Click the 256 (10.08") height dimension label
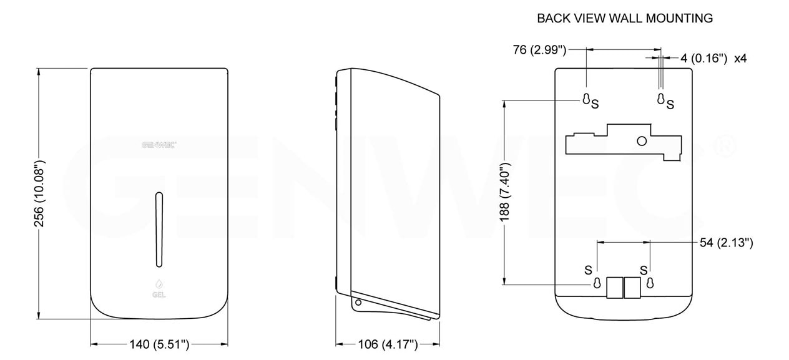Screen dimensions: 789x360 (39, 193)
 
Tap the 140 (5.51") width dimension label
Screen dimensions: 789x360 (159, 344)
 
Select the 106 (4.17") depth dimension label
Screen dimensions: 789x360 (388, 344)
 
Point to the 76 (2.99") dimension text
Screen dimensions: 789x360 (539, 50)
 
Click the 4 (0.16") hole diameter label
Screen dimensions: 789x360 (703, 58)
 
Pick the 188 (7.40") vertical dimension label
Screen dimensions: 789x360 (505, 192)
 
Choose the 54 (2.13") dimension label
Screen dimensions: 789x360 (727, 243)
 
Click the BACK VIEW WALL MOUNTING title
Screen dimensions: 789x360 (625, 18)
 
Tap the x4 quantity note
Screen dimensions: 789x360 (740, 58)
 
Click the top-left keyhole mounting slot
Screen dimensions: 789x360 (586, 99)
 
